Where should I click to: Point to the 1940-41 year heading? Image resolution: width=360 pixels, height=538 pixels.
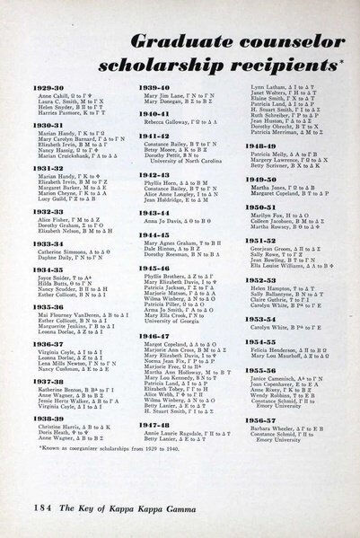(154, 114)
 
